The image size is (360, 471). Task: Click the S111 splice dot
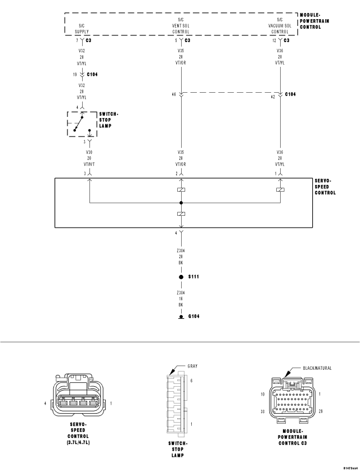point(181,278)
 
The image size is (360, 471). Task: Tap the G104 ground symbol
point(181,317)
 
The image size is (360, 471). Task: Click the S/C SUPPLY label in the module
point(82,28)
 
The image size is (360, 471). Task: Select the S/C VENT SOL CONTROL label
point(181,26)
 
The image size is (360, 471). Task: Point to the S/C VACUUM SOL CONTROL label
point(280,26)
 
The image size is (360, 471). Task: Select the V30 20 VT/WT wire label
point(89,158)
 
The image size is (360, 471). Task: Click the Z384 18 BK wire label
point(181,300)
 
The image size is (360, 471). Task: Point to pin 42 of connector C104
point(274,96)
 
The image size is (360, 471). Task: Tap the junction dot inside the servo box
point(181,202)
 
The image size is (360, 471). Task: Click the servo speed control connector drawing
point(79,396)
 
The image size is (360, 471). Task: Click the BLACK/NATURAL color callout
point(316,368)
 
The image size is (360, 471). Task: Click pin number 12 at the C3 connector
point(273,40)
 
